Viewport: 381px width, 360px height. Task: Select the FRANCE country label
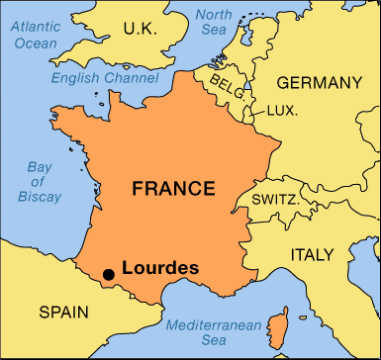click(x=175, y=188)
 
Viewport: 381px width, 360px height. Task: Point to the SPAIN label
click(x=64, y=313)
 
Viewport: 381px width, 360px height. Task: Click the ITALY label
click(x=313, y=255)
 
